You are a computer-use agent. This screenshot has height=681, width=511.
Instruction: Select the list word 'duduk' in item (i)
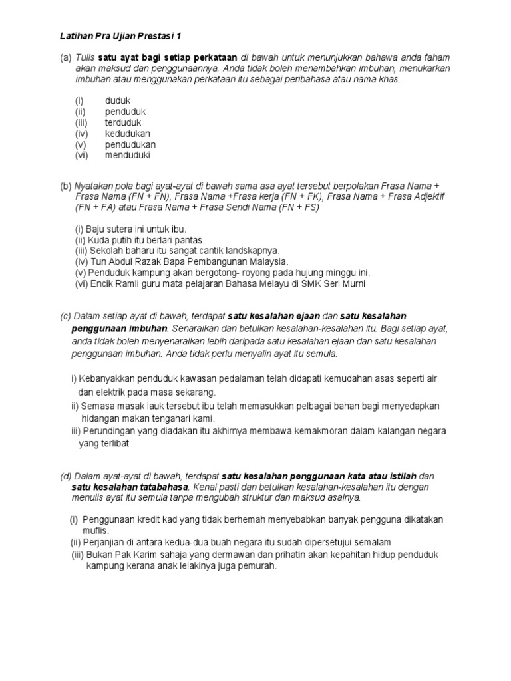tap(118, 101)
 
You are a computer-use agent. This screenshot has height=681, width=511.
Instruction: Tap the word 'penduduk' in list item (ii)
tap(125, 112)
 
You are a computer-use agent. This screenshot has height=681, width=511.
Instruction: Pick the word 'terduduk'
tap(123, 122)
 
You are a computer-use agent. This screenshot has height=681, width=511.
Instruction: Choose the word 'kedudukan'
tap(128, 134)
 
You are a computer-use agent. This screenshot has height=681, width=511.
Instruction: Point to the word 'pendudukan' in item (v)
tap(130, 144)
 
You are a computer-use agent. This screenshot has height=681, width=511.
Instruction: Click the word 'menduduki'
tap(128, 155)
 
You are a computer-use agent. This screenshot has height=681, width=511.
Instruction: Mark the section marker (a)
tap(65, 58)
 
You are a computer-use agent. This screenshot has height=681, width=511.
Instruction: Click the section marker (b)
tap(65, 187)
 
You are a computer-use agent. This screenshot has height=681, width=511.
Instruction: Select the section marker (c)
tap(65, 316)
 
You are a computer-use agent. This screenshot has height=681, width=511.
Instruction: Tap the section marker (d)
tap(65, 476)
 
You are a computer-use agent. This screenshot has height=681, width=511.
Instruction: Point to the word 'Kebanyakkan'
tap(109, 378)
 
